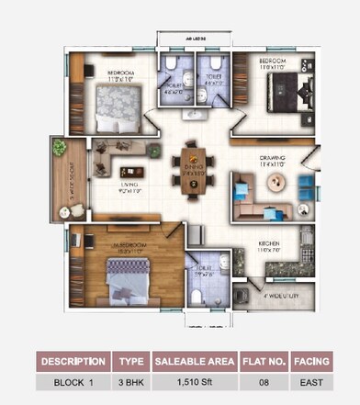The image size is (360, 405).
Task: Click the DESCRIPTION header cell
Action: (73, 361)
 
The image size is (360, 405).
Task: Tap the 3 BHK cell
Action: (129, 380)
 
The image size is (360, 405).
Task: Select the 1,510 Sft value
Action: (194, 380)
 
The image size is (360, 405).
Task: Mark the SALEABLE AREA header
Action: (194, 361)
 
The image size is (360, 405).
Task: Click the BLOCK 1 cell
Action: (73, 380)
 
